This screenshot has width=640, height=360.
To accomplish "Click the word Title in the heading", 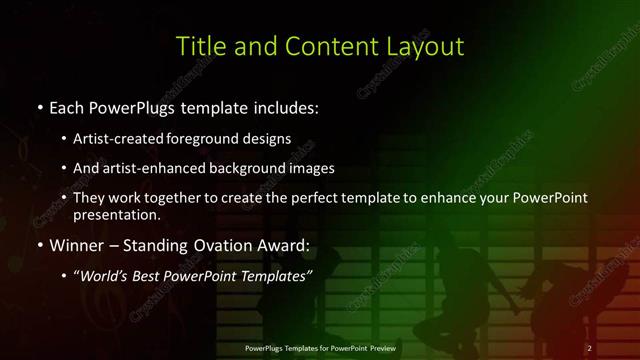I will [198, 46].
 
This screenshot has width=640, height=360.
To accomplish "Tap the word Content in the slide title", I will [328, 46].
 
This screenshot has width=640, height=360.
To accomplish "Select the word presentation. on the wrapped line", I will [117, 214].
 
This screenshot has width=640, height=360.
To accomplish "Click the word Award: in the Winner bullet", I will [285, 245].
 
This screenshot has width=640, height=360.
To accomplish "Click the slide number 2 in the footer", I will [590, 348].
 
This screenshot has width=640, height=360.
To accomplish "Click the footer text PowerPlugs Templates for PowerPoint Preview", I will [320, 348].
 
